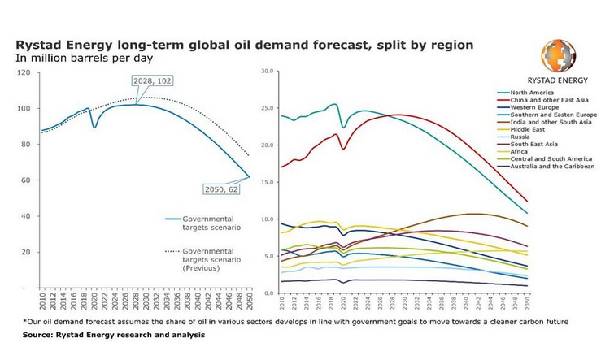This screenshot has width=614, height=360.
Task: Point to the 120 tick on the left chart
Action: click(24, 73)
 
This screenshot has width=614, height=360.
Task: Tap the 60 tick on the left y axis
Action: click(26, 180)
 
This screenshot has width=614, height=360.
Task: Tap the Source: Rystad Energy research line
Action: click(114, 335)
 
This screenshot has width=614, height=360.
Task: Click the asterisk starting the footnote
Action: click(25, 323)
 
